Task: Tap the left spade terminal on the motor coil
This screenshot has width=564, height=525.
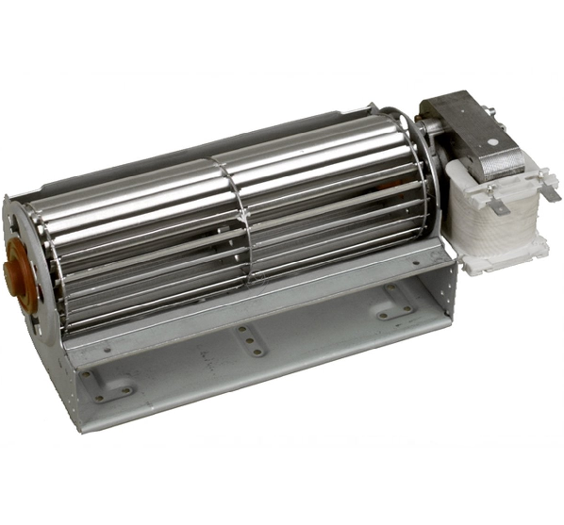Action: tap(491, 199)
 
